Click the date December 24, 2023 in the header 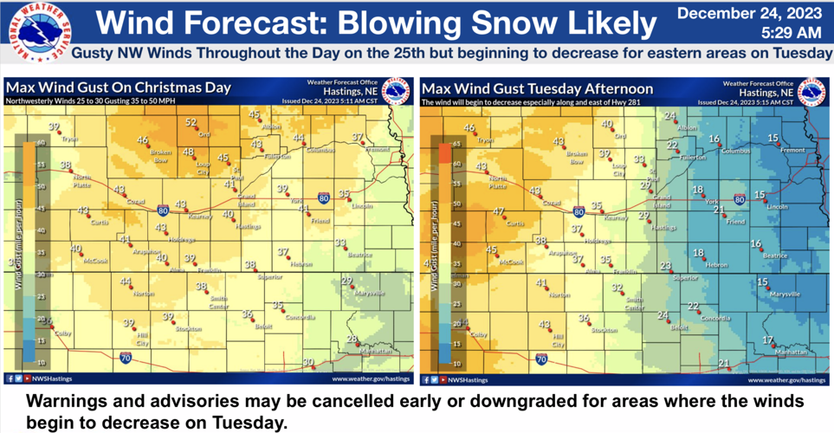[x=749, y=13]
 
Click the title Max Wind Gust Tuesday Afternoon [x=537, y=88]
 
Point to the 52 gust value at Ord [x=191, y=123]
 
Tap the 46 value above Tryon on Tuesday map [x=469, y=128]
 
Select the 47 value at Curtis [x=499, y=212]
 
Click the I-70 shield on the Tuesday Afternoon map [x=541, y=357]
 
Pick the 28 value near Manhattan [x=352, y=339]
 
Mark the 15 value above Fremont [x=773, y=138]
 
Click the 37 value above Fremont [x=358, y=137]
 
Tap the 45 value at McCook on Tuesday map [x=492, y=250]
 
